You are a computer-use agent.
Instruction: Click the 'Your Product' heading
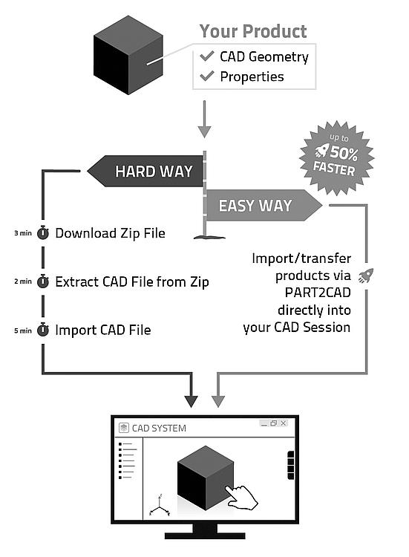pos(253,31)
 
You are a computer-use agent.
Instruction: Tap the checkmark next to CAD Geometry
pos(206,56)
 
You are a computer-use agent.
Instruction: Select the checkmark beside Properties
pos(206,76)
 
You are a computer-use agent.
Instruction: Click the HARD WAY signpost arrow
pos(145,171)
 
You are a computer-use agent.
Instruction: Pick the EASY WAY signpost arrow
pos(264,205)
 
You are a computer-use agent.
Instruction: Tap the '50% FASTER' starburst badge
pos(336,158)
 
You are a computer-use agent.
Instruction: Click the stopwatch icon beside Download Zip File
pos(43,232)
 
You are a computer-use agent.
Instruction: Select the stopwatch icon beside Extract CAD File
pos(43,281)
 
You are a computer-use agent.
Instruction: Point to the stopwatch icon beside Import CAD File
pos(43,330)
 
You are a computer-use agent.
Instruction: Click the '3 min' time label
pos(23,233)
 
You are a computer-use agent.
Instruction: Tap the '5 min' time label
pos(23,330)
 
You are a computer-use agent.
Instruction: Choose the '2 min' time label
pos(23,281)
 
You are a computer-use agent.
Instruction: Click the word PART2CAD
pos(318,293)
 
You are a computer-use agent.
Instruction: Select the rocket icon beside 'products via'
pos(366,276)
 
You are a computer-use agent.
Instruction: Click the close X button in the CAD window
pos(284,423)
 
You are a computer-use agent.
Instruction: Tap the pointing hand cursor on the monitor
pos(241,497)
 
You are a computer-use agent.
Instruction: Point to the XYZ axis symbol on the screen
pos(160,505)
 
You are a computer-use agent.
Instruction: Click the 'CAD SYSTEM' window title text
pos(159,428)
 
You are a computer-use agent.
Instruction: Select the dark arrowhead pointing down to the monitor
pos(191,402)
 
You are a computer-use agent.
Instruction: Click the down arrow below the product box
pos(204,119)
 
